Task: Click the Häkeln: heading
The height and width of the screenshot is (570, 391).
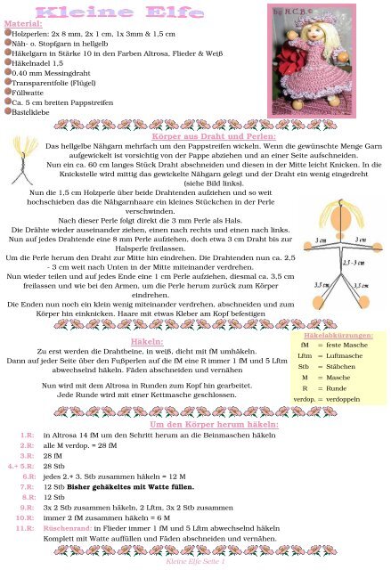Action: tap(145, 316)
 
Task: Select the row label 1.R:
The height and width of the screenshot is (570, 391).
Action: tap(26, 437)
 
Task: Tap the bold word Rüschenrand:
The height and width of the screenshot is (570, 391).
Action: tap(68, 528)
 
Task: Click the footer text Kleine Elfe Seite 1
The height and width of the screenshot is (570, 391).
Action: tap(195, 563)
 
